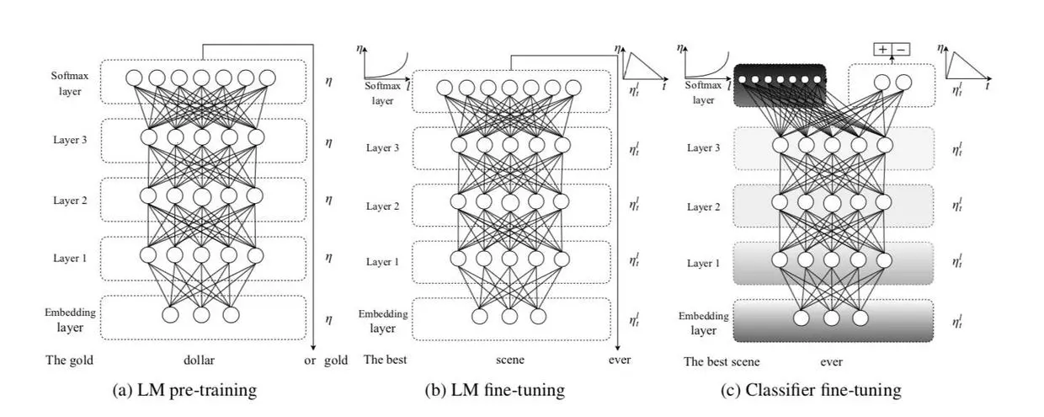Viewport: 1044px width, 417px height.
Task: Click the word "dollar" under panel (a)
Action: click(200, 361)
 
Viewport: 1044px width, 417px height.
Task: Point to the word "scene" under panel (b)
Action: click(509, 361)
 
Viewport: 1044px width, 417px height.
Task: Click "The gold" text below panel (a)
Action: click(69, 361)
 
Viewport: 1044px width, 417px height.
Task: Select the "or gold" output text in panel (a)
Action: click(326, 361)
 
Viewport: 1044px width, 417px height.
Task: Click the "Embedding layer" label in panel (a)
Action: click(71, 319)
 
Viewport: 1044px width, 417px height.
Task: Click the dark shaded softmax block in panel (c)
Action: click(779, 83)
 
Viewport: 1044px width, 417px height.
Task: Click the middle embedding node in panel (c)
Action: click(831, 318)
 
